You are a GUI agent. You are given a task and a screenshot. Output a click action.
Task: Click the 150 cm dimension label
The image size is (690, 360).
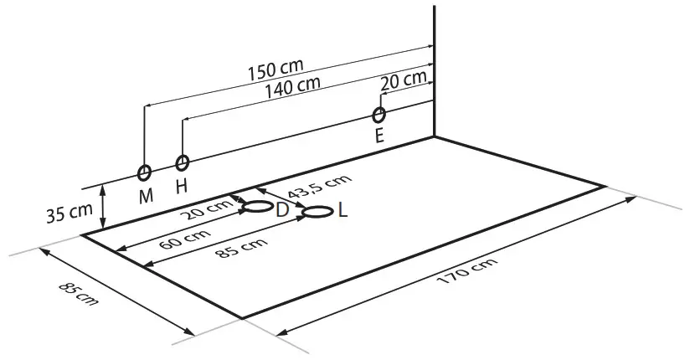(x=275, y=69)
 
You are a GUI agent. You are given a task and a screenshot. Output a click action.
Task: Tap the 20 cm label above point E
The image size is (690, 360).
(x=402, y=81)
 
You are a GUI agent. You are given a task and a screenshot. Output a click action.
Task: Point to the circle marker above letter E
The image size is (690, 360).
(x=379, y=114)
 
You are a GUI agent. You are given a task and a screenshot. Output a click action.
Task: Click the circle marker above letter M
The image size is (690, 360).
(x=145, y=172)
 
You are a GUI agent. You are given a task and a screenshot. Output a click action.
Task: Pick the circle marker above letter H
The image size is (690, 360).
(x=182, y=162)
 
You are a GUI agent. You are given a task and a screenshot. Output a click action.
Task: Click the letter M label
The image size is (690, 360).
(x=147, y=196)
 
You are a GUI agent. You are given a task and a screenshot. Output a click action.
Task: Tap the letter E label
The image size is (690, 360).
(x=380, y=136)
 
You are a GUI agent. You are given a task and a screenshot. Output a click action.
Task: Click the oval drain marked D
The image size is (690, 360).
(x=256, y=206)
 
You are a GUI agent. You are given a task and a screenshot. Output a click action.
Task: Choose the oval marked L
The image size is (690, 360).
(x=317, y=212)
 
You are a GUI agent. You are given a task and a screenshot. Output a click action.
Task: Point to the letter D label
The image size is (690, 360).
(x=282, y=209)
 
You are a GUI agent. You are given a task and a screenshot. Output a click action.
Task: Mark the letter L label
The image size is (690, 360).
(x=342, y=211)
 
